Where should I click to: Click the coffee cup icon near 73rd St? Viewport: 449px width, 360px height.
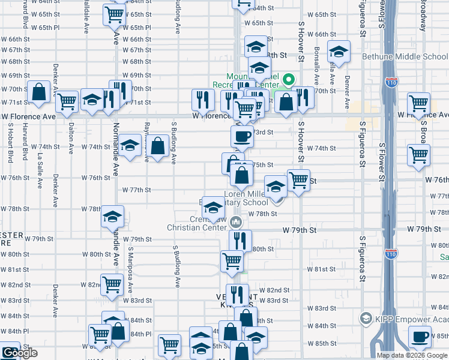tap(242, 137)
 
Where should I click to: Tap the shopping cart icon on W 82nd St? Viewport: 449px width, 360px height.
tap(112, 285)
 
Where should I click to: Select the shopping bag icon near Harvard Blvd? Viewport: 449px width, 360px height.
tap(38, 92)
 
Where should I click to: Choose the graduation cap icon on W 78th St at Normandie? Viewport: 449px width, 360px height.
tap(112, 217)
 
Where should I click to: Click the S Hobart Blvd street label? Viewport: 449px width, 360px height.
tap(11, 143)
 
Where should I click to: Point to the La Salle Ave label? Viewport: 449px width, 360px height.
tap(40, 170)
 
